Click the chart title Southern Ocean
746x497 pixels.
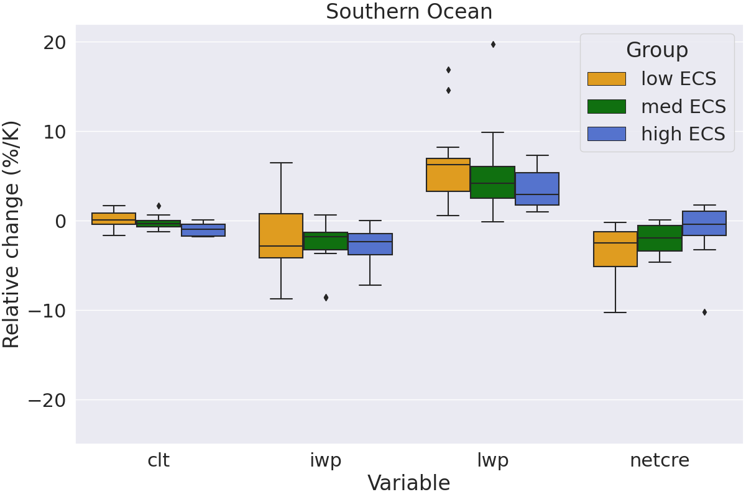coord(409,12)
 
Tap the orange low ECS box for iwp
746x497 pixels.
coord(281,235)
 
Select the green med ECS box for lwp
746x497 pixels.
coord(492,182)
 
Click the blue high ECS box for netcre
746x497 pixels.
coord(704,223)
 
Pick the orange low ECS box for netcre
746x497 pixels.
coord(615,248)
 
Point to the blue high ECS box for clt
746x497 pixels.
coord(203,230)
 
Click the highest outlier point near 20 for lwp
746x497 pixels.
coord(493,44)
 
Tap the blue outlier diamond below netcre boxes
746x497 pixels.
coord(704,312)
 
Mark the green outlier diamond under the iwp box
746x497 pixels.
coord(326,298)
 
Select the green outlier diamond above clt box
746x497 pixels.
coord(159,206)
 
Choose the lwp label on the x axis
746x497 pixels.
coord(492,460)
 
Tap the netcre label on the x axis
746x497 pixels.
coord(660,460)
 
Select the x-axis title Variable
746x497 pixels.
coord(408,483)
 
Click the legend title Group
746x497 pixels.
coord(656,50)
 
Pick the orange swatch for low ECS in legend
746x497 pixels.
coord(606,79)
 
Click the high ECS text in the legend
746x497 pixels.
coord(683,134)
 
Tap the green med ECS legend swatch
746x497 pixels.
coord(606,106)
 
